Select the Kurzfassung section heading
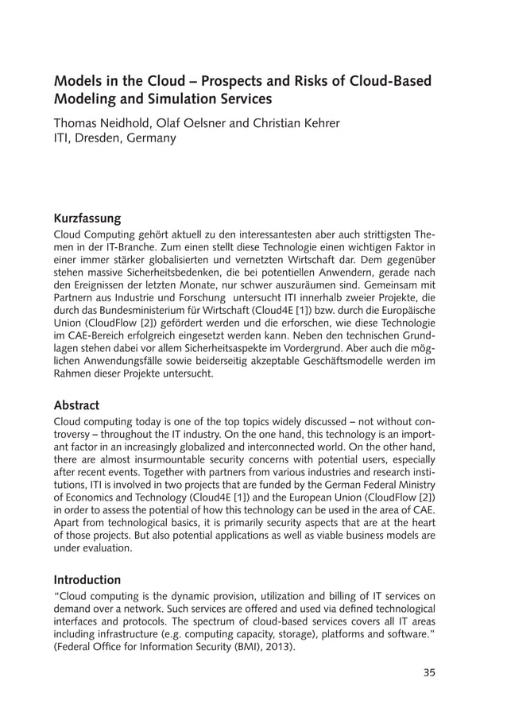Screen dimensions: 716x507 point(87,218)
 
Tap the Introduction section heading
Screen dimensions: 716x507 point(87,579)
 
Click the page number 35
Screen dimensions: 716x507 point(429,673)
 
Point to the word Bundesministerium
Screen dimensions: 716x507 point(149,308)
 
